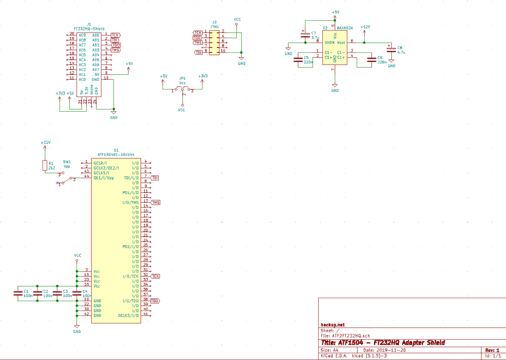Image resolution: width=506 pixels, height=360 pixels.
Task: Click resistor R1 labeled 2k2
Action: (44, 166)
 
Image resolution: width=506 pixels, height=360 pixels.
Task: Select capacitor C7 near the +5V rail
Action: (303, 35)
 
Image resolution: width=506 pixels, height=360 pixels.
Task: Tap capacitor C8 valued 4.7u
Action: (391, 49)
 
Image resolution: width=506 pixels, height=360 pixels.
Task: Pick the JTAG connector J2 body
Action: (214, 43)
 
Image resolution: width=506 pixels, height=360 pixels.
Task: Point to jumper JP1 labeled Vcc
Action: (183, 90)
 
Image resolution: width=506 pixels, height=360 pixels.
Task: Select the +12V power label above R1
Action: (45, 142)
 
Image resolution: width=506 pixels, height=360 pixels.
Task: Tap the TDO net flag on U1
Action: (155, 301)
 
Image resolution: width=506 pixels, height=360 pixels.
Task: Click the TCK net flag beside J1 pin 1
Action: (115, 35)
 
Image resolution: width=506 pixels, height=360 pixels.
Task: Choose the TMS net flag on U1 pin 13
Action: (155, 202)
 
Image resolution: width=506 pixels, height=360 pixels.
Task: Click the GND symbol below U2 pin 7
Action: (335, 87)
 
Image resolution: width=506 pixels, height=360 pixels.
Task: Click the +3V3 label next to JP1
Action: (203, 76)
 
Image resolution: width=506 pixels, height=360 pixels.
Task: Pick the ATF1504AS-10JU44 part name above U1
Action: (116, 154)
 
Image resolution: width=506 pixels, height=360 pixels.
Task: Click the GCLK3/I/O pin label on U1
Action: (128, 315)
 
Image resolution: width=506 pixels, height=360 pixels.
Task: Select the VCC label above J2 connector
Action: (237, 19)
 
